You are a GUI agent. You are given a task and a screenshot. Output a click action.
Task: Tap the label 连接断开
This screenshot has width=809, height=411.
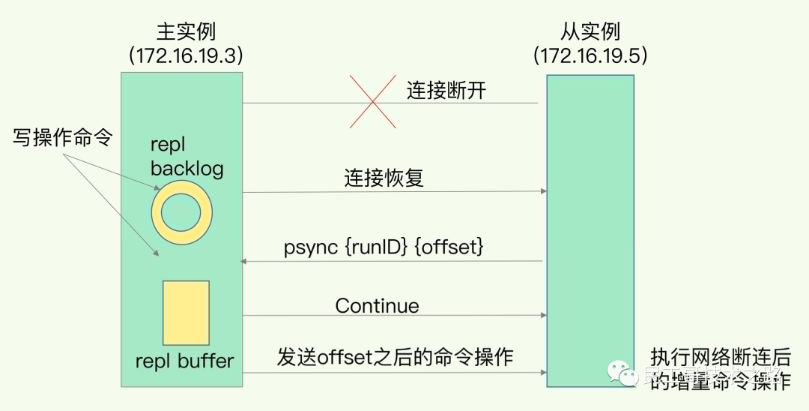pos(446,91)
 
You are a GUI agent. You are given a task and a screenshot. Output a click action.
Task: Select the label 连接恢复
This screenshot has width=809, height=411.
pos(384,178)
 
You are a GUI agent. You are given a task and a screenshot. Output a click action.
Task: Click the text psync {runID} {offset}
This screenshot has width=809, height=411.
pos(381,247)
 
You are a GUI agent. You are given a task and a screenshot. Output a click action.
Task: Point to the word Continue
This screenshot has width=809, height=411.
pos(377,305)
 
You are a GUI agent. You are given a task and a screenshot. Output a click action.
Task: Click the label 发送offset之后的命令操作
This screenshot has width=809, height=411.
pos(395,357)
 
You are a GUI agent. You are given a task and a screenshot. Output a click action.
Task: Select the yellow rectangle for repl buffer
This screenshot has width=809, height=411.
pos(186,313)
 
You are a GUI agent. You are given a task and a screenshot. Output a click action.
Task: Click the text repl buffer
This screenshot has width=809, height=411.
pos(184,361)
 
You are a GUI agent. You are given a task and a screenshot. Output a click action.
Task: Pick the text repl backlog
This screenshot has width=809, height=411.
pos(187,157)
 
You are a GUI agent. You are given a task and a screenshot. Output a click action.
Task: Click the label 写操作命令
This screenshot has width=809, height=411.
pos(62,137)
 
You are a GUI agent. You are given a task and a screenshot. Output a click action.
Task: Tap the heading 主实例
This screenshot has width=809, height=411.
pos(185,31)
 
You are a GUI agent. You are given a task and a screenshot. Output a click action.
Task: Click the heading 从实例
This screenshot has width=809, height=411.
pos(590,31)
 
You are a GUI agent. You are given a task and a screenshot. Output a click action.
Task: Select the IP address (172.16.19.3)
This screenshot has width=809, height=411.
pos(185,55)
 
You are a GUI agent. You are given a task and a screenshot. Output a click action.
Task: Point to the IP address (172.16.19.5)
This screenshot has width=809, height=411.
pos(590,55)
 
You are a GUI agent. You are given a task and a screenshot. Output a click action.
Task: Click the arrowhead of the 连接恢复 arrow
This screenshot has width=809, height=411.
pos(542,192)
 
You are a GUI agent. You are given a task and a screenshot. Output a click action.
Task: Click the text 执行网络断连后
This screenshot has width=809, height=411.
pos(719,358)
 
